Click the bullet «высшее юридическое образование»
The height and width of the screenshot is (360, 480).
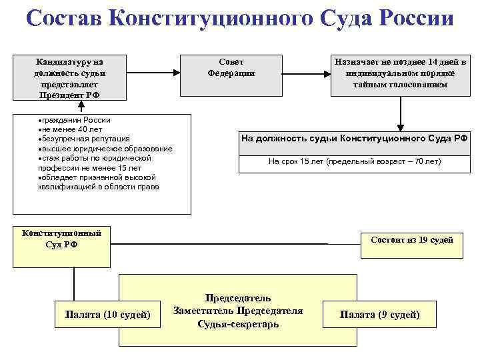(x=105, y=148)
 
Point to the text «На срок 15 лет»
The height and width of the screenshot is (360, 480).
(x=354, y=161)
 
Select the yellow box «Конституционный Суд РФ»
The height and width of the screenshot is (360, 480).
(x=62, y=239)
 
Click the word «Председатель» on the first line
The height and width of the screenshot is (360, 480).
(x=238, y=298)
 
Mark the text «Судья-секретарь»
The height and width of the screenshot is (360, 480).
(x=238, y=323)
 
